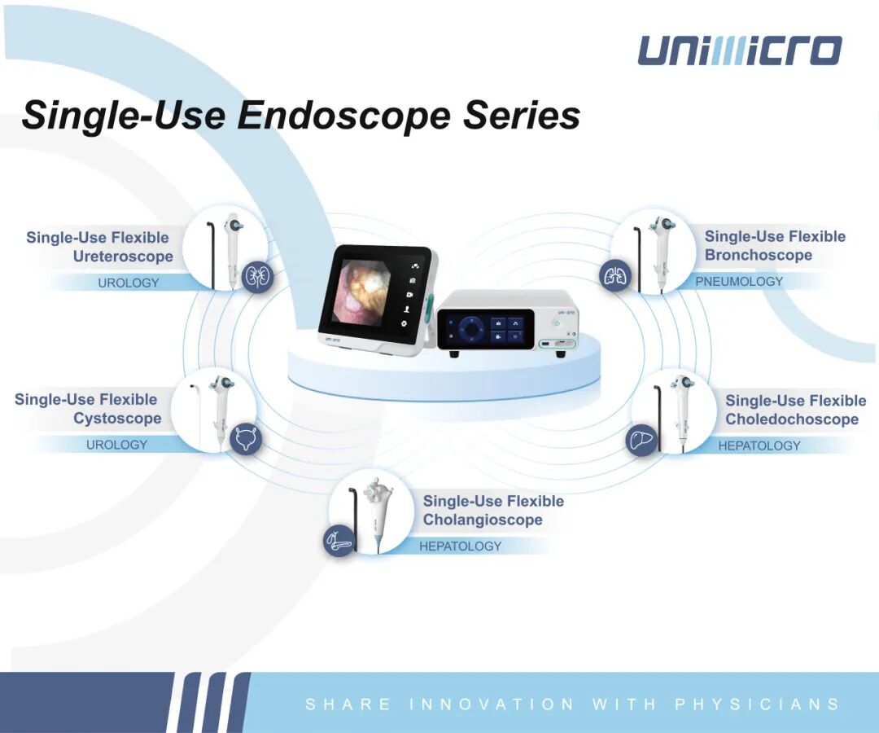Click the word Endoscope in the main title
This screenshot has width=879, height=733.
pyautogui.click(x=343, y=116)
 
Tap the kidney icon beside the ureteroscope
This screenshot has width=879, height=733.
pyautogui.click(x=257, y=276)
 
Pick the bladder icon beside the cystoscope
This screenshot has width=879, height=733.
pyautogui.click(x=245, y=437)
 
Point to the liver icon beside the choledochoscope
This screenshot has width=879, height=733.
pyautogui.click(x=641, y=439)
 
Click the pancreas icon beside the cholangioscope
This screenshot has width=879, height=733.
pyautogui.click(x=340, y=541)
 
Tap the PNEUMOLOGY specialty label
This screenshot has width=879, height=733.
pyautogui.click(x=739, y=282)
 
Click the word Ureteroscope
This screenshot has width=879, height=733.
pyautogui.click(x=123, y=257)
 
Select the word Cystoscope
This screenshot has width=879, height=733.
pyautogui.click(x=117, y=419)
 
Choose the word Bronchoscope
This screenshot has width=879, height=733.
pyautogui.click(x=758, y=255)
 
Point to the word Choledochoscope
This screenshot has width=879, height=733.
pyautogui.click(x=792, y=419)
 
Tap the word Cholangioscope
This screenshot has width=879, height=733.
pyautogui.click(x=483, y=520)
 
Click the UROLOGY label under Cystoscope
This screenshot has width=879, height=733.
pyautogui.click(x=116, y=445)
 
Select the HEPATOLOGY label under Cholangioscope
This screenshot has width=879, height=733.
pyautogui.click(x=460, y=546)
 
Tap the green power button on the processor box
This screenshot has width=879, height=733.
pyautogui.click(x=557, y=323)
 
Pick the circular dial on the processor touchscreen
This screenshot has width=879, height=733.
pyautogui.click(x=470, y=329)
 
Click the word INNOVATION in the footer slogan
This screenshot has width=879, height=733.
pyautogui.click(x=492, y=704)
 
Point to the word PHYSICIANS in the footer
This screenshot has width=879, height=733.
pyautogui.click(x=758, y=704)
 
